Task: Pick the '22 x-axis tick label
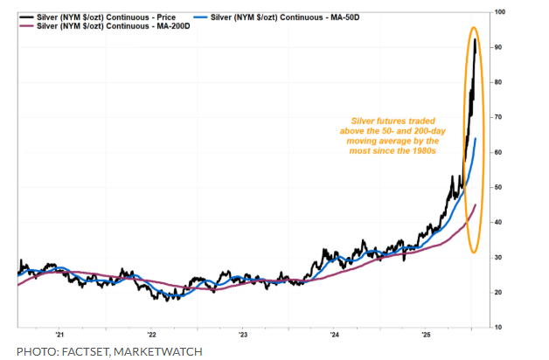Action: (x=152, y=335)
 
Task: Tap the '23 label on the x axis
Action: (x=243, y=335)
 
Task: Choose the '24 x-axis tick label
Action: (x=334, y=335)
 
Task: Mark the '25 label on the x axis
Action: (x=426, y=335)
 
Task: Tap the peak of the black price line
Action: (x=475, y=39)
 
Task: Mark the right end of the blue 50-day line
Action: (x=475, y=139)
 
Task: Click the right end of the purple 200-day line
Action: (x=475, y=204)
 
